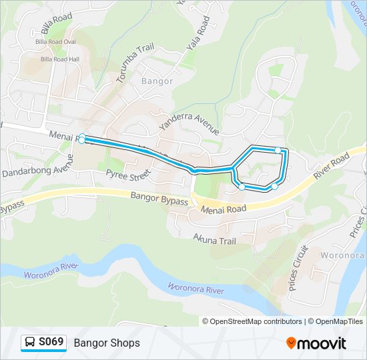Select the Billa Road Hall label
60,59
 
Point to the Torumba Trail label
135,64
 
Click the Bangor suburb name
157,81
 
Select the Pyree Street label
128,175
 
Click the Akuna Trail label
215,238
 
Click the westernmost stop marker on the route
81,139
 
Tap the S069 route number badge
51,342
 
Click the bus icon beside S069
30,343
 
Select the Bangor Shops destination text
107,343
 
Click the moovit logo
316,343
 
